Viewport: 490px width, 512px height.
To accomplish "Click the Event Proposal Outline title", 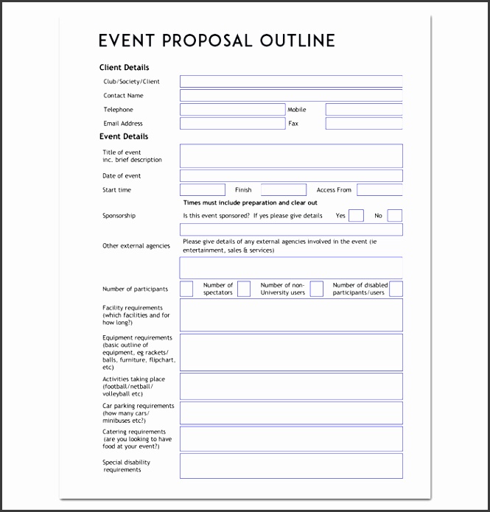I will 217,41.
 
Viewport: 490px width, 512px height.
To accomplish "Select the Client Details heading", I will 124,67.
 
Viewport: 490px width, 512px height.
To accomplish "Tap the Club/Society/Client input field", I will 291,82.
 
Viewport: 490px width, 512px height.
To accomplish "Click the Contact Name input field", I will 291,95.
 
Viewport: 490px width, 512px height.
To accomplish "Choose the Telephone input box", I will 232,110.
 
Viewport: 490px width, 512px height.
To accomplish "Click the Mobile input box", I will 364,110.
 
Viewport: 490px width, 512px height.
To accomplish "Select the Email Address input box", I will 232,124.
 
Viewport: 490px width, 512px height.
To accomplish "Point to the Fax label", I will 293,124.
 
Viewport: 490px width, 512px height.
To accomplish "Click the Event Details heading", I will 124,136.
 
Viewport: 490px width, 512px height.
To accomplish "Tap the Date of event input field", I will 291,176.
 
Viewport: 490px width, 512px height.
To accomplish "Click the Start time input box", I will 203,190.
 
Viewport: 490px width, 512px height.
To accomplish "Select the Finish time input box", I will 284,190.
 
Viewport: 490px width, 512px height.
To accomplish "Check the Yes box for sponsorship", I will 356,216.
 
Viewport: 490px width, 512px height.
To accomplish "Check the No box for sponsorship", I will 395,216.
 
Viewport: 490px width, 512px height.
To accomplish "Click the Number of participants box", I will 186,289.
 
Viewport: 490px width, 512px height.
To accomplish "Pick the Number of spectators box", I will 244,289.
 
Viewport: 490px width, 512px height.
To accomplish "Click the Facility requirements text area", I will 291,315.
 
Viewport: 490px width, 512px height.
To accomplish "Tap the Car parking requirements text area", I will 291,413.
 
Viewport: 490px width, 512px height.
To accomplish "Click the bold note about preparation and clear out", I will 251,203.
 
